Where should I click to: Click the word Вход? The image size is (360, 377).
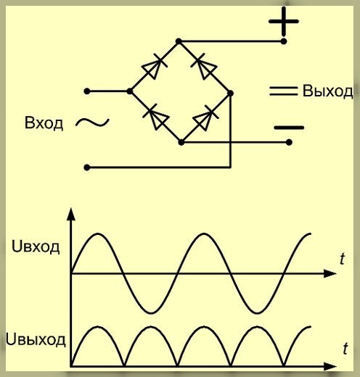point(44,123)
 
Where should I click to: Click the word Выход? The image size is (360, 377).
point(327,91)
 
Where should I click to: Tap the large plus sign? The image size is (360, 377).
point(284,21)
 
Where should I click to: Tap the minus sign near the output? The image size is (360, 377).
point(289,128)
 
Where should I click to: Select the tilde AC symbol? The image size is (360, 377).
point(92,123)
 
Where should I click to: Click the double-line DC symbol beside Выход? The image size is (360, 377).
point(283,91)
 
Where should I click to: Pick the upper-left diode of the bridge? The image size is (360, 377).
point(155,66)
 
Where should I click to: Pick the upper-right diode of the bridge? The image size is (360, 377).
point(204,66)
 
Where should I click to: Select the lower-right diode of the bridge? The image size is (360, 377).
point(205,118)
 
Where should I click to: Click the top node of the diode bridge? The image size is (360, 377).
point(179,41)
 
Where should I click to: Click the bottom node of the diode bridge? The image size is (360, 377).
point(181,142)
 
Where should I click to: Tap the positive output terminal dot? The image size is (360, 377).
point(284,41)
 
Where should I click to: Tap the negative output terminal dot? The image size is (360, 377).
point(289,142)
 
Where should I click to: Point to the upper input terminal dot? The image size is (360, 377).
point(87,91)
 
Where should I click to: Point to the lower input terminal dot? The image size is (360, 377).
point(87,167)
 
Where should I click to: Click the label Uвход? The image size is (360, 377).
point(36,247)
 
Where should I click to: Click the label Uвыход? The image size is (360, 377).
point(36,340)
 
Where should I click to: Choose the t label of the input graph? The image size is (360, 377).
point(342,259)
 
